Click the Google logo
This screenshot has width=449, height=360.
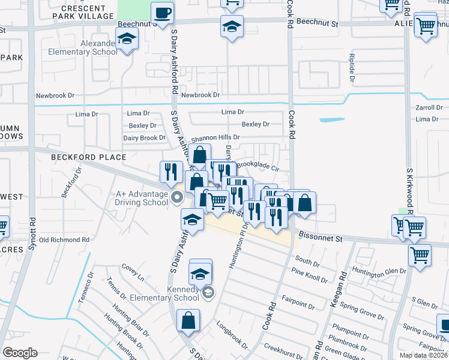click(x=20, y=353)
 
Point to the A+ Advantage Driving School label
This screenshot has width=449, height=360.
click(x=142, y=198)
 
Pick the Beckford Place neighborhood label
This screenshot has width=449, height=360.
click(x=88, y=157)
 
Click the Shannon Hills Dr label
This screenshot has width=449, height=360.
click(x=215, y=137)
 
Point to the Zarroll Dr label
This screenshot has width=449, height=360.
click(x=429, y=108)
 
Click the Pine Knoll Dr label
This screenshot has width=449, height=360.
click(x=309, y=276)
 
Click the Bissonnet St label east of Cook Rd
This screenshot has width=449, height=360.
click(x=322, y=238)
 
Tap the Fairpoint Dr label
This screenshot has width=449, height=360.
click(x=298, y=301)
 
